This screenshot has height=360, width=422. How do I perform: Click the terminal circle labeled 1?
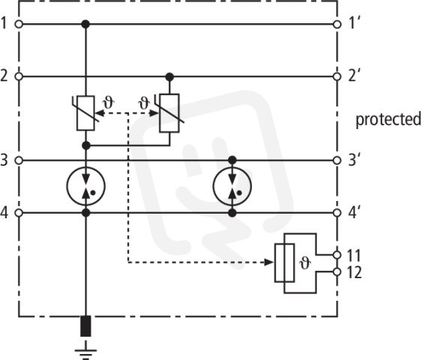[x=19, y=24]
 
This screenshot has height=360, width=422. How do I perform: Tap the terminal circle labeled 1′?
[x=337, y=25]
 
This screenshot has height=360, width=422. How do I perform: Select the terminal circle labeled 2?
[x=19, y=76]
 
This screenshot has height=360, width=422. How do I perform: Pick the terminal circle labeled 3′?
[x=337, y=160]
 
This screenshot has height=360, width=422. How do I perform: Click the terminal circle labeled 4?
[x=19, y=213]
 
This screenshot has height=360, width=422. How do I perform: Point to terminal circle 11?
[x=337, y=254]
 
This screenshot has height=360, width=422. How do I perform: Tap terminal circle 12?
[x=337, y=272]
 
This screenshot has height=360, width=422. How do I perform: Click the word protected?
[x=388, y=119]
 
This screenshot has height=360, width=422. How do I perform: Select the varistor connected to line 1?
[x=85, y=113]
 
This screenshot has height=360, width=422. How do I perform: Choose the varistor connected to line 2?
[x=169, y=113]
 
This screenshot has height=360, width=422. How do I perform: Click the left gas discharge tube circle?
[x=86, y=186]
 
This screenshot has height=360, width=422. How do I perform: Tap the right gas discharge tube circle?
[x=232, y=186]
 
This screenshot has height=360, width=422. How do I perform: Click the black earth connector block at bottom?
[x=85, y=326]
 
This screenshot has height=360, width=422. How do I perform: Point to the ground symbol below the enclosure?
[x=85, y=350]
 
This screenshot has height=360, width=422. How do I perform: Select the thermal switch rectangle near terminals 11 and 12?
[x=285, y=262]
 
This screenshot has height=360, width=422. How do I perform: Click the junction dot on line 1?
[x=85, y=24]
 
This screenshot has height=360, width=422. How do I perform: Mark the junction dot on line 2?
[x=169, y=77]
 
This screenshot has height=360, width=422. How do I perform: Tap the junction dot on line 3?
[x=232, y=160]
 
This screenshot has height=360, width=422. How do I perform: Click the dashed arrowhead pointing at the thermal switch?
[x=269, y=262]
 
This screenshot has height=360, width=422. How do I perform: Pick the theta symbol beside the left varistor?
[x=109, y=103]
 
